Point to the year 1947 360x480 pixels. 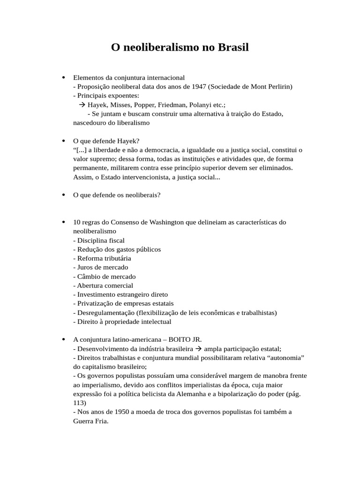(199, 87)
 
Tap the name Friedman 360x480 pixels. (172, 105)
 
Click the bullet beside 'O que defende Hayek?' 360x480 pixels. (63, 141)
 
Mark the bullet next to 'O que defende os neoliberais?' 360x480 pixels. (63, 195)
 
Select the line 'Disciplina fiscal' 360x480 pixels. (99, 240)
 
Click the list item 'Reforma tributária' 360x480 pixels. (102, 258)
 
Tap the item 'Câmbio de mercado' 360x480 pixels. (105, 277)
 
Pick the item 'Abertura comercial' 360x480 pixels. (103, 285)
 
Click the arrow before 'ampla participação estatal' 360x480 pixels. (198, 349)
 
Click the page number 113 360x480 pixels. (79, 403)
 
